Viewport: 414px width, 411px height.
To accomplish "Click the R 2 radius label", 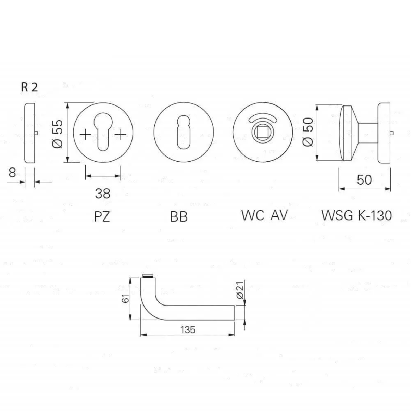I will click(29, 87).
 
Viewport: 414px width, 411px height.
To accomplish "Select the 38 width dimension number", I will click(103, 194).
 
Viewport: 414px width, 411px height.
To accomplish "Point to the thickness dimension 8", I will click(12, 173).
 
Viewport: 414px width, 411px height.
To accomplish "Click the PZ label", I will click(102, 216).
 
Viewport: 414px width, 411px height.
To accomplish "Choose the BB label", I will click(179, 217).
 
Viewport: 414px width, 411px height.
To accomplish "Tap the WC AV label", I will click(264, 216).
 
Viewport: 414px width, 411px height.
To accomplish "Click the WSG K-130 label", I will click(356, 216).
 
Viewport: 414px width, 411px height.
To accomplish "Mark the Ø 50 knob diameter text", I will click(308, 132).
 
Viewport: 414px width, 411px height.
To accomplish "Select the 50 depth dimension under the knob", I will click(364, 180).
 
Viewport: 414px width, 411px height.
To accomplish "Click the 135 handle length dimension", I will click(188, 330).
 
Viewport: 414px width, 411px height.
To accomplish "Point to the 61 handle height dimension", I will click(126, 298).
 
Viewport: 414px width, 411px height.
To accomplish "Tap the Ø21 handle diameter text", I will click(240, 290).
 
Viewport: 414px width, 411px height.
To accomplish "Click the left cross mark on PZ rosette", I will click(85, 134).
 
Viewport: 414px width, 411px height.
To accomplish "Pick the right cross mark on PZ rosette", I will click(121, 134).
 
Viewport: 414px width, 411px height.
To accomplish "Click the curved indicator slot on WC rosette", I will click(263, 118).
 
